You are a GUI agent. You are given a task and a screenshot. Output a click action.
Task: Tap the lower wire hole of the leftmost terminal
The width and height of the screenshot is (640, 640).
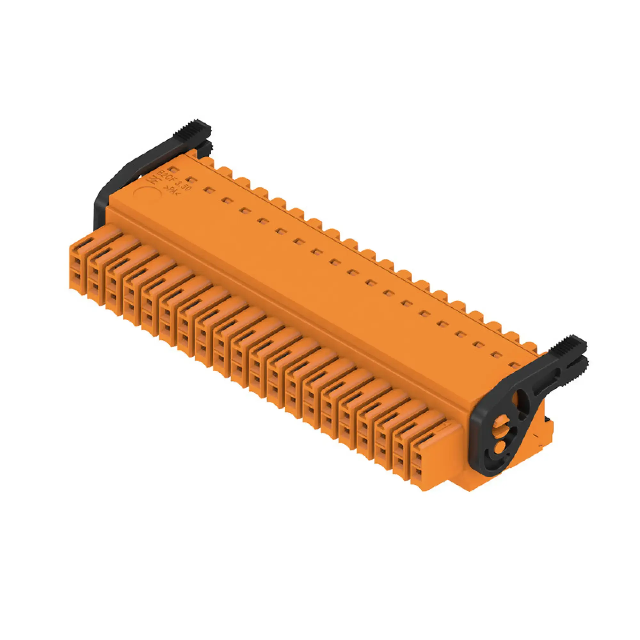pos(77,276)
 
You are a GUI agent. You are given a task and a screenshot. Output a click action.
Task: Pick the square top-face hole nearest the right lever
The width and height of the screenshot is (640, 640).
pos(514,365)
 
